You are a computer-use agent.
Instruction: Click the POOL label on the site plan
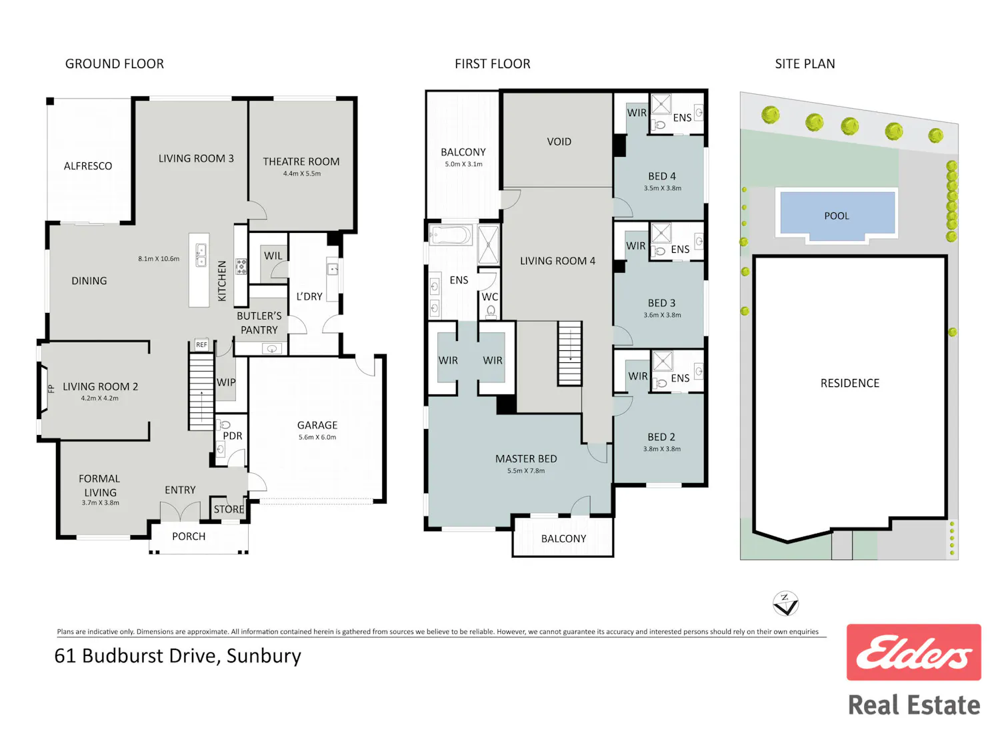pos(836,216)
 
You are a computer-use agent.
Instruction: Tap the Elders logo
pos(913,653)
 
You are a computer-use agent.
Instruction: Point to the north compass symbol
pos(785,604)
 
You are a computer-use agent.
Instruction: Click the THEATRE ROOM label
pos(301,161)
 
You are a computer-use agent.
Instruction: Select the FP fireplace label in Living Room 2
pos(51,389)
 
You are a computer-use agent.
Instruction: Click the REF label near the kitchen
pos(202,345)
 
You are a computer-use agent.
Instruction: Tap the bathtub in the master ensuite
pos(451,235)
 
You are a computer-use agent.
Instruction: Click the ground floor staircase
pos(201,392)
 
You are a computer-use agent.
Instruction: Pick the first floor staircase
pos(569,354)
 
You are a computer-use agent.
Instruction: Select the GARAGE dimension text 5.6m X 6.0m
pos(317,438)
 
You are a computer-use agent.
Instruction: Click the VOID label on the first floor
pos(559,141)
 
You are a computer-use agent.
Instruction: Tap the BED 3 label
pos(661,304)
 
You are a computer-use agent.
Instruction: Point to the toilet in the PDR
pos(225,424)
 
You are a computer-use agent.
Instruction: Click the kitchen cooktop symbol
pos(241,266)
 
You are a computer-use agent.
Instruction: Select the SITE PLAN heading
pos(805,64)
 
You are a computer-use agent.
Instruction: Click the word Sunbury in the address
pos(264,656)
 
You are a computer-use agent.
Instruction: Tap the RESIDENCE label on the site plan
pos(850,384)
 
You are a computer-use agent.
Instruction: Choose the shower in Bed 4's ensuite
pos(661,104)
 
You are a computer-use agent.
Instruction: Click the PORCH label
pos(189,536)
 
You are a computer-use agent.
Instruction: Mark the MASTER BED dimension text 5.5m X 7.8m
pos(526,471)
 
